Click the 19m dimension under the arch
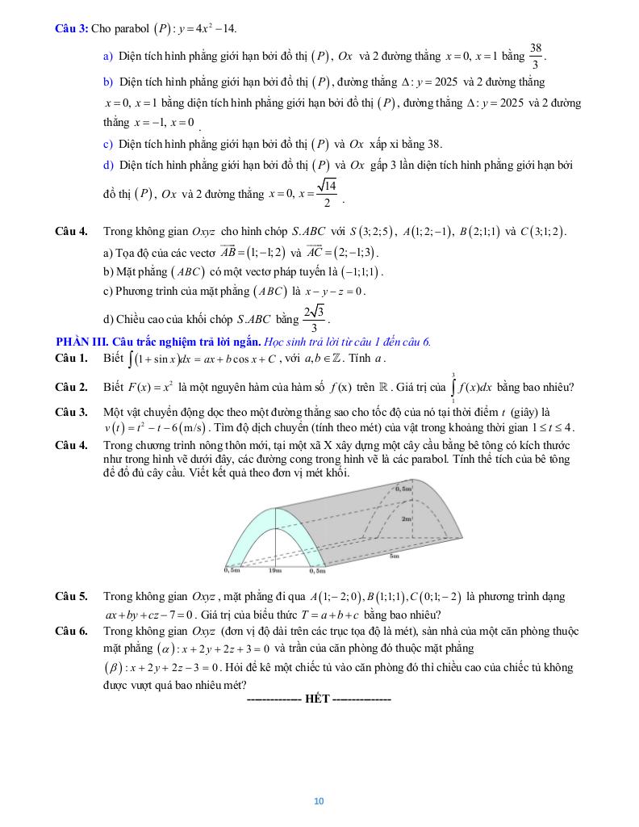click(x=274, y=570)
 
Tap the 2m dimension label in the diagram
click(x=407, y=519)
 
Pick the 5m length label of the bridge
click(x=395, y=556)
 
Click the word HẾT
click(x=318, y=699)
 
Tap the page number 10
click(x=319, y=801)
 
